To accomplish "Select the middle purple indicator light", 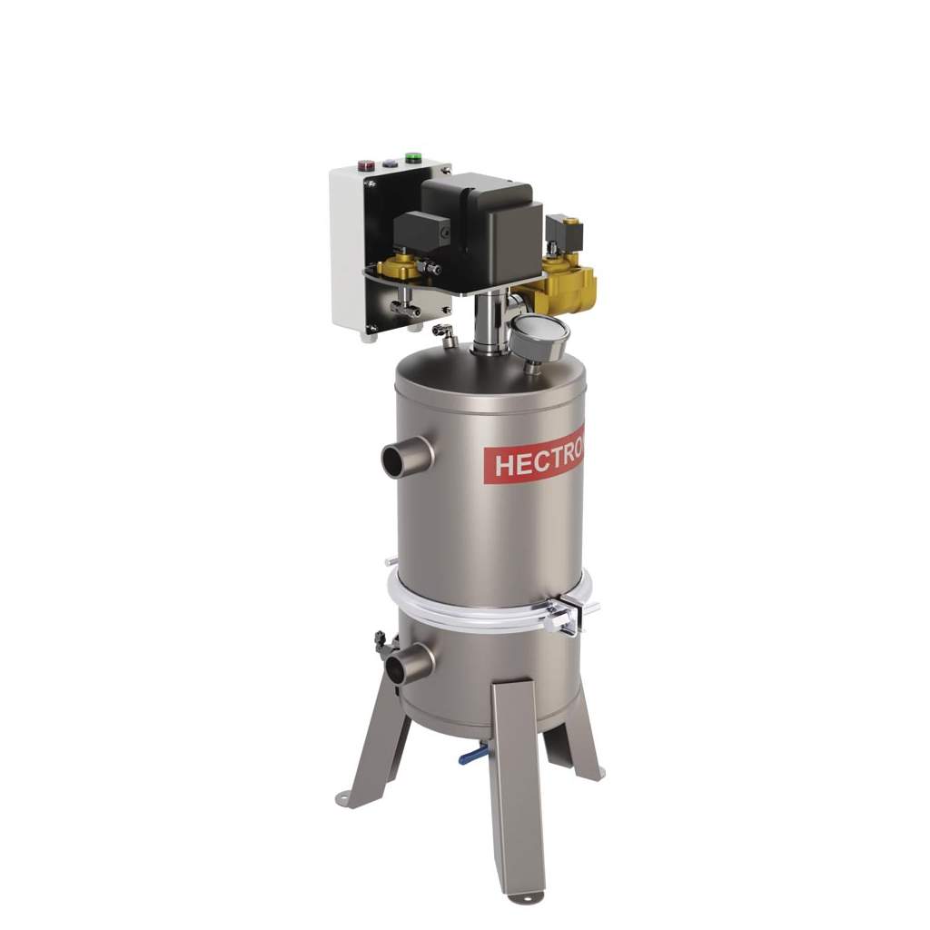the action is pos(389,163).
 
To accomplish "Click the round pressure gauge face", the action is pos(539,337).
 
